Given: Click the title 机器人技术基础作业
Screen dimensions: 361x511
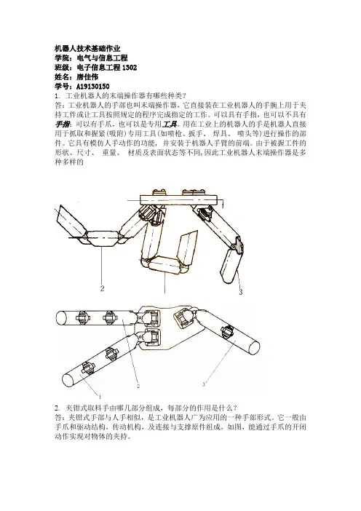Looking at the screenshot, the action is [x=87, y=49].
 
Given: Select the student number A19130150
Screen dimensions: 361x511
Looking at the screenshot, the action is [x=93, y=87].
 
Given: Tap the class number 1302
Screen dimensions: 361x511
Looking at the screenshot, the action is [x=130, y=68].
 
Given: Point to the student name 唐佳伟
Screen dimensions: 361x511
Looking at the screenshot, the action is [x=87, y=77].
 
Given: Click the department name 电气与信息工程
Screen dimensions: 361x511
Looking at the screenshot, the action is [x=102, y=58].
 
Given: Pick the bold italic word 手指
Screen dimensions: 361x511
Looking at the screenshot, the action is [x=62, y=124].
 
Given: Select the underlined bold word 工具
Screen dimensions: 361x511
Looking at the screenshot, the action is [x=170, y=124].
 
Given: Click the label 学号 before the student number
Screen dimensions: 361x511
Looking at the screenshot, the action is [x=62, y=87].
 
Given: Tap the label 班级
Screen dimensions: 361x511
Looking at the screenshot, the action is [x=62, y=68].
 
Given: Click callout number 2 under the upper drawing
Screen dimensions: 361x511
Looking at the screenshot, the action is [x=103, y=288].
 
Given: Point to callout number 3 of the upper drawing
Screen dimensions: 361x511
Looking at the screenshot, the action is [x=241, y=292].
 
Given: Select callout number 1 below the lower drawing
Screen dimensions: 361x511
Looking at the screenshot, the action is [x=100, y=397].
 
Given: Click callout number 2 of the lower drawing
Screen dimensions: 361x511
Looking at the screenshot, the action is [x=138, y=387].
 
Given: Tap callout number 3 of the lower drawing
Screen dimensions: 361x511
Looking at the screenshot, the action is [x=204, y=384].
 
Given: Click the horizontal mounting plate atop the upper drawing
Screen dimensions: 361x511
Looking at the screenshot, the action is [x=178, y=199].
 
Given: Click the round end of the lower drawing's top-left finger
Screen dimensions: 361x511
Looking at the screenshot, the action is [x=61, y=317].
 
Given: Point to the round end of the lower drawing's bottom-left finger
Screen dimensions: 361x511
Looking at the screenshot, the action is [x=68, y=380].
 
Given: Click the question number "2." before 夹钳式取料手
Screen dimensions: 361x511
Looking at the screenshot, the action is [x=57, y=408].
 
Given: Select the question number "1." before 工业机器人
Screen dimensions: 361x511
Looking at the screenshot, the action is [x=57, y=96].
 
